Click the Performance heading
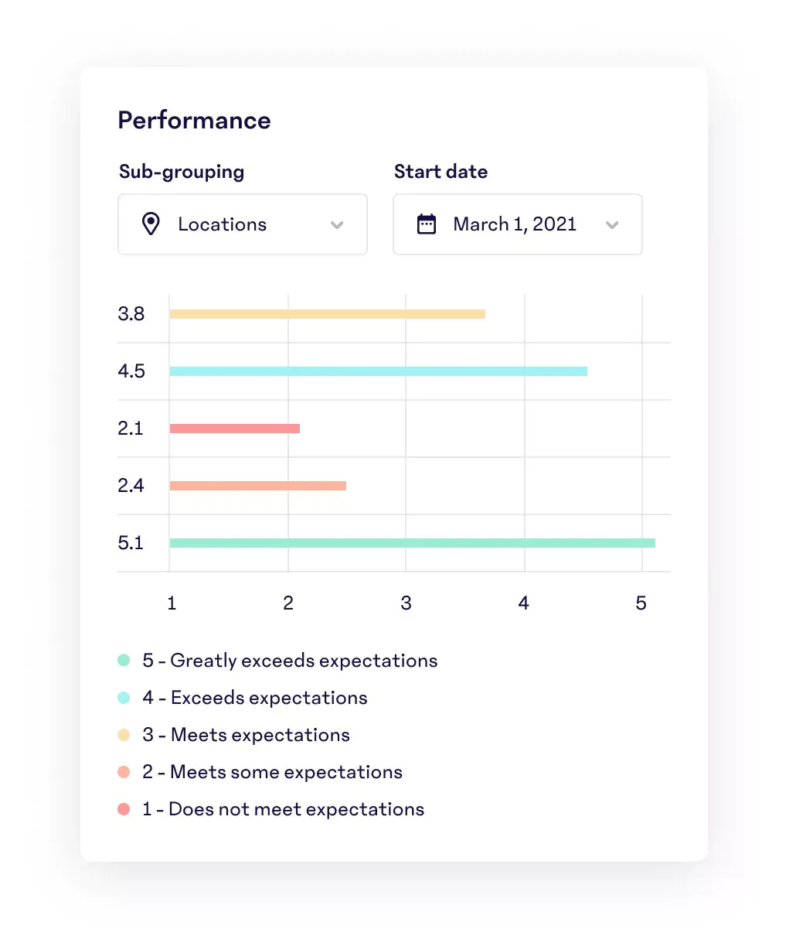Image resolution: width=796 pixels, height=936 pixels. click(x=194, y=121)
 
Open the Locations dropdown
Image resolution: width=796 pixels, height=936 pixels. click(x=242, y=224)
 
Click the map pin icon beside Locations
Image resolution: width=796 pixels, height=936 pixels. click(x=151, y=224)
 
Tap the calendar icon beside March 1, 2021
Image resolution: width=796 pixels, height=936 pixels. click(x=427, y=224)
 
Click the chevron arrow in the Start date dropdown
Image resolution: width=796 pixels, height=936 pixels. click(x=612, y=225)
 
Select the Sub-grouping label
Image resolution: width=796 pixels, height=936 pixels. click(x=182, y=172)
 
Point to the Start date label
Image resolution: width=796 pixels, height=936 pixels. click(x=441, y=172)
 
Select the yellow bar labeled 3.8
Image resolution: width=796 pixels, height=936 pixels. click(x=327, y=314)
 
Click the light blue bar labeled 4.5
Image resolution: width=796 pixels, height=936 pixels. click(x=378, y=371)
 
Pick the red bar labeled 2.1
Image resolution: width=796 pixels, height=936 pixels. click(x=234, y=429)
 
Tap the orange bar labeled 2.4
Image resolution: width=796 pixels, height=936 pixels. click(x=257, y=486)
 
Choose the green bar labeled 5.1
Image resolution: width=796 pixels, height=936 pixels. click(x=412, y=543)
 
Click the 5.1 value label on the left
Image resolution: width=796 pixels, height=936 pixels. click(x=131, y=543)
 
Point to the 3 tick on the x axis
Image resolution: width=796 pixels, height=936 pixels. click(x=406, y=603)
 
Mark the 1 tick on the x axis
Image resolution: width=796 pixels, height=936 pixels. click(x=172, y=603)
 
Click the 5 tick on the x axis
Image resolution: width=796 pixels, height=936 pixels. click(x=641, y=603)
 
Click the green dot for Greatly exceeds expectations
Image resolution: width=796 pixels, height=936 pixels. click(x=124, y=661)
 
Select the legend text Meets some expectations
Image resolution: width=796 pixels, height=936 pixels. click(x=286, y=772)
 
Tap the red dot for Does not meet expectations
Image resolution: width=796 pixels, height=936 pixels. click(x=124, y=809)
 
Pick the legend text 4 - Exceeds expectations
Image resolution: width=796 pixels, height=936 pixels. click(x=255, y=698)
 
